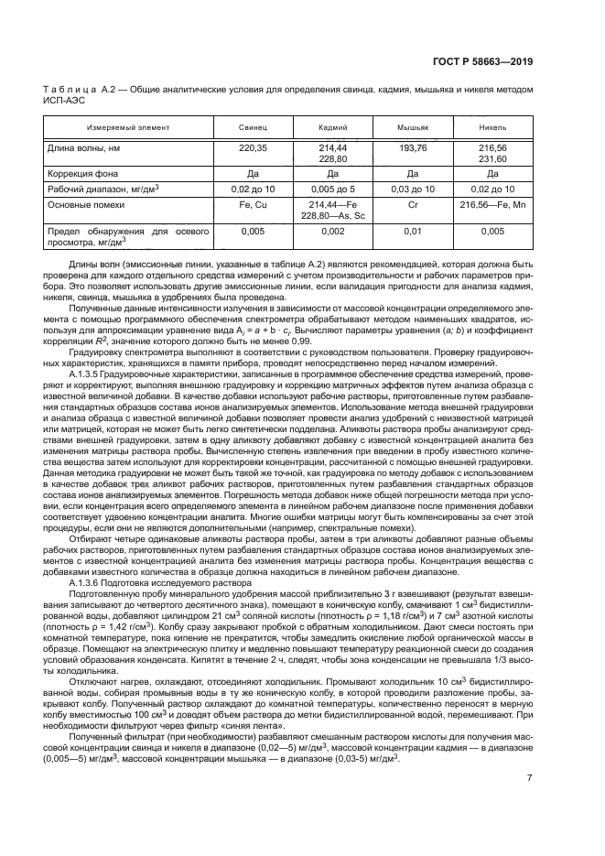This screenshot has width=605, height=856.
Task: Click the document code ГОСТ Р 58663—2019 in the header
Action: (482, 62)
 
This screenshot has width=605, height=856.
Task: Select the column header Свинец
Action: (252, 127)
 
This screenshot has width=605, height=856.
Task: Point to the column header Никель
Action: (492, 127)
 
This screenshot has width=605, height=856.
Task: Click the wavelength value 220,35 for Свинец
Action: (252, 146)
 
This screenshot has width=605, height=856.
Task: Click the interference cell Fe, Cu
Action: (252, 203)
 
